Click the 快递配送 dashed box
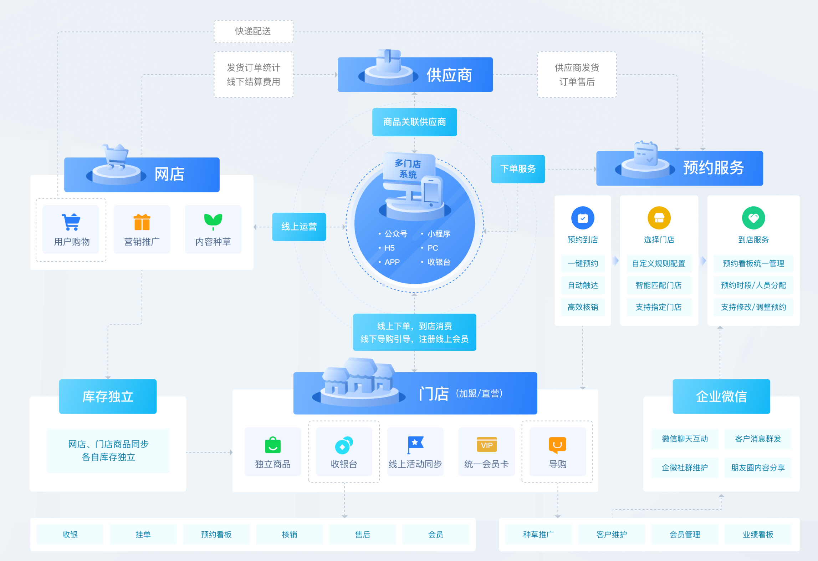click(x=253, y=31)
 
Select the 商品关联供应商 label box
click(x=414, y=122)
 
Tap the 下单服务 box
click(x=518, y=169)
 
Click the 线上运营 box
click(x=299, y=227)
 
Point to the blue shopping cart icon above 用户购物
click(x=71, y=222)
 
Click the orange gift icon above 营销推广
click(x=142, y=222)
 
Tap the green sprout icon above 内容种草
click(x=213, y=221)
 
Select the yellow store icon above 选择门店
click(x=659, y=218)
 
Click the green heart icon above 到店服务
click(x=753, y=218)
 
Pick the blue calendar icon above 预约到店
click(x=583, y=218)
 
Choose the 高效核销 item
click(x=583, y=307)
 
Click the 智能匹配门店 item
click(x=659, y=285)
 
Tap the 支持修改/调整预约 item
click(x=753, y=307)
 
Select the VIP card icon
click(x=486, y=445)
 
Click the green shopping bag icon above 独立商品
click(x=273, y=445)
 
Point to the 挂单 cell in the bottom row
click(x=143, y=534)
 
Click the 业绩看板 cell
click(x=758, y=534)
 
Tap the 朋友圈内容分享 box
click(x=758, y=467)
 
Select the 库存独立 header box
click(x=108, y=396)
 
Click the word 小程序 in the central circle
click(x=439, y=234)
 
